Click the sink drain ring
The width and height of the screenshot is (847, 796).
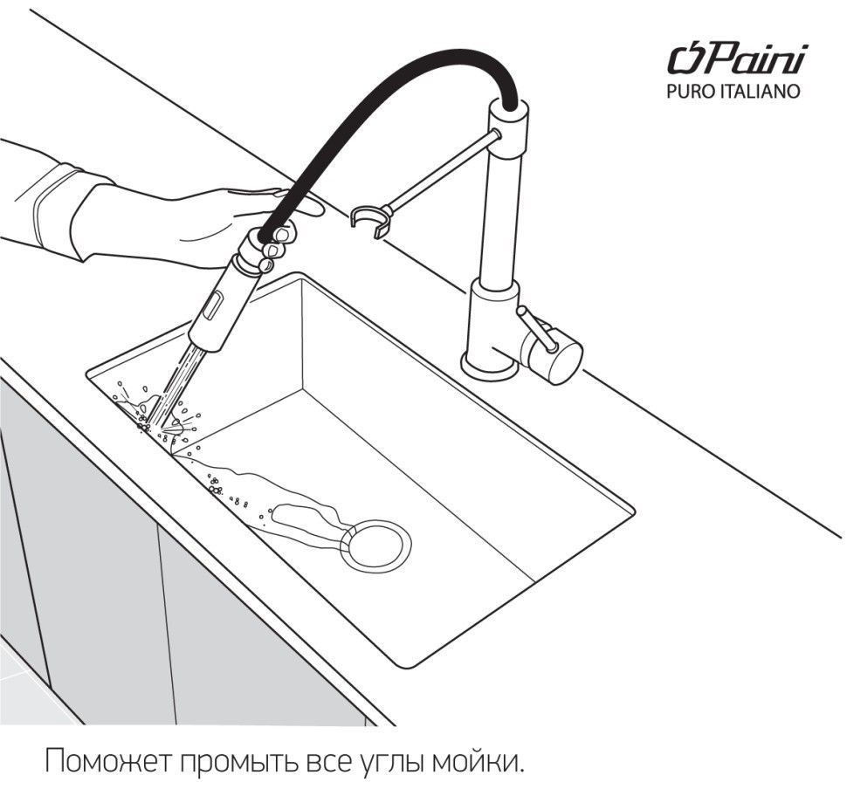(x=375, y=546)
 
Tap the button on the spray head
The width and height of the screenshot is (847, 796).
(x=210, y=305)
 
